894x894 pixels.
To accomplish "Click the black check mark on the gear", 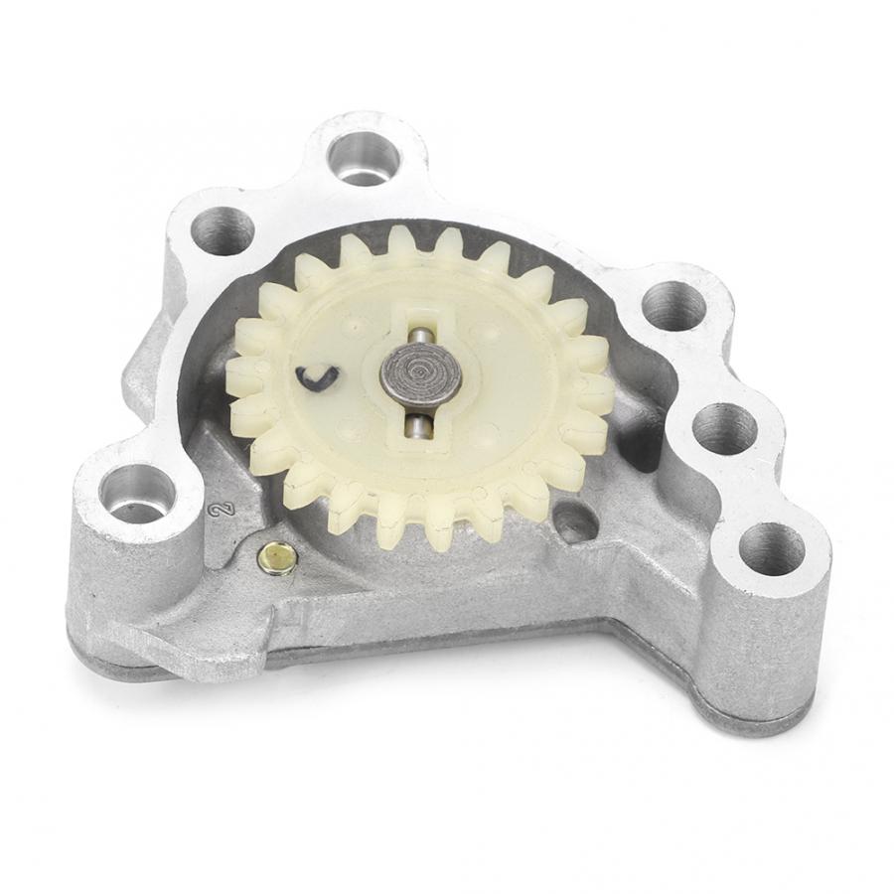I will point(317,378).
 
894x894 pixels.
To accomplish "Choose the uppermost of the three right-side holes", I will point(672,306).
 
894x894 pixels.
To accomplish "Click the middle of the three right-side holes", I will point(723,428).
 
